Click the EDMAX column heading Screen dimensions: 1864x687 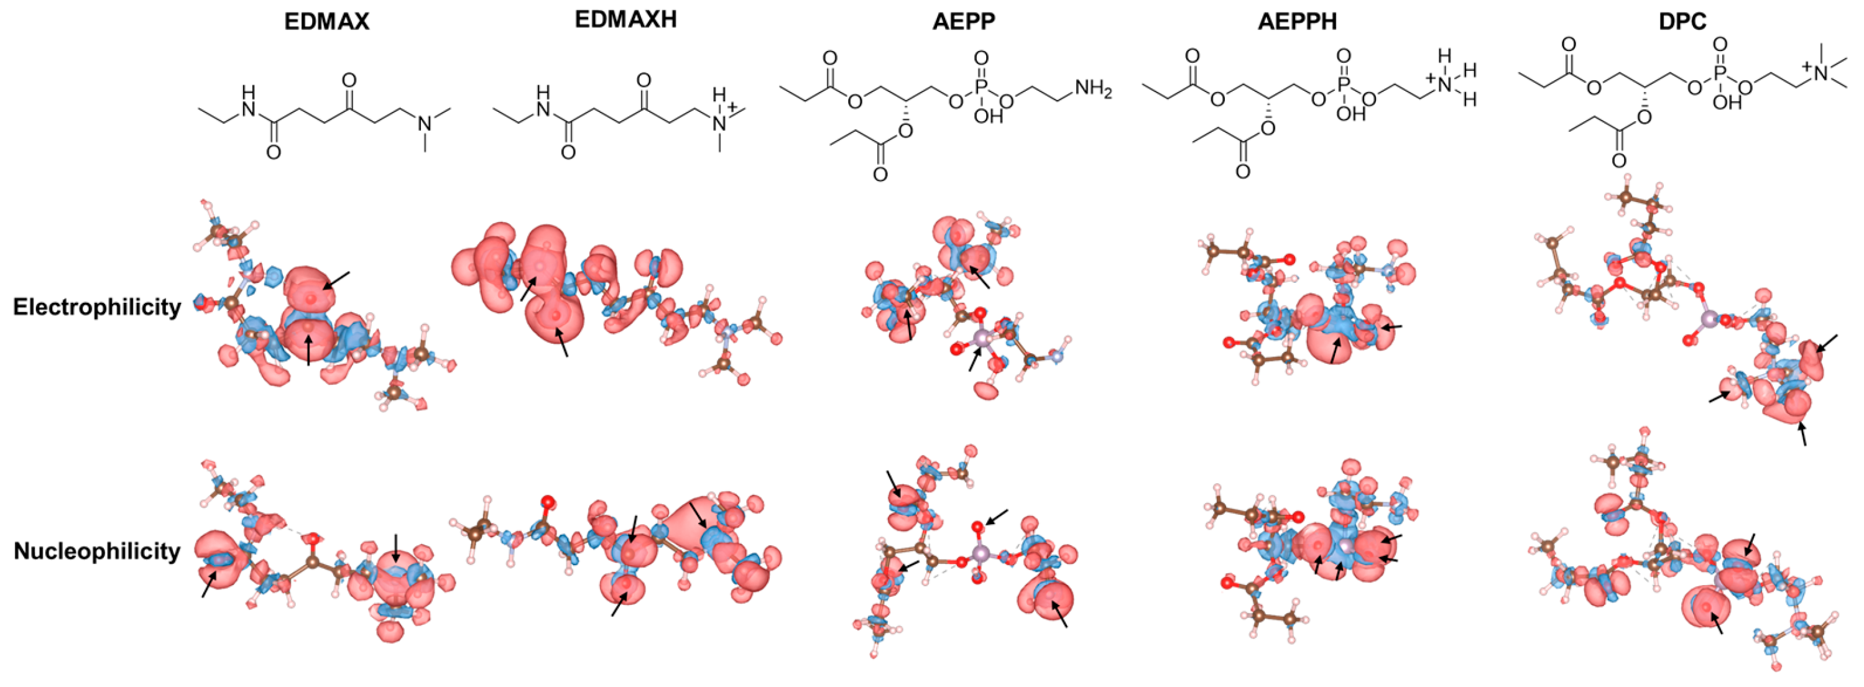(x=326, y=22)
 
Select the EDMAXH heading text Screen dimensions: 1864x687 (x=625, y=19)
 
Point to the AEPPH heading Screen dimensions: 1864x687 (x=1297, y=22)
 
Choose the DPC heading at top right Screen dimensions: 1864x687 (x=1682, y=22)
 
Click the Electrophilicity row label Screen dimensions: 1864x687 (x=97, y=307)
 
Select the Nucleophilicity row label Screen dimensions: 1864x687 (x=97, y=551)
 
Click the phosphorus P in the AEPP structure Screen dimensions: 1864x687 (x=981, y=87)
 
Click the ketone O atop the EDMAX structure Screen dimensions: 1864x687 (x=348, y=79)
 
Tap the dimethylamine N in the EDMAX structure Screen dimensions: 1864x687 (x=425, y=124)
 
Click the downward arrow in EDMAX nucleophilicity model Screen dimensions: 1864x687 (x=395, y=548)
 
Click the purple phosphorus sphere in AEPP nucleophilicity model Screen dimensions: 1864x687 (x=980, y=555)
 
